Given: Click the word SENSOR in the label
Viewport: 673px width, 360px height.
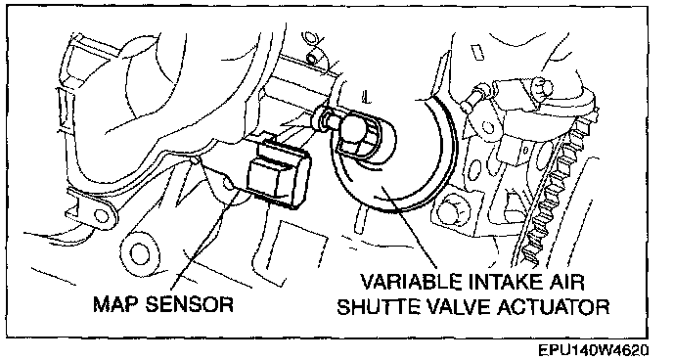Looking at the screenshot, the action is click(x=189, y=304).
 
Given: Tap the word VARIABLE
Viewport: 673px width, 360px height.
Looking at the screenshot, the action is click(x=411, y=283).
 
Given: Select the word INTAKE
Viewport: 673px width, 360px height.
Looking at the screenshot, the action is click(x=508, y=283).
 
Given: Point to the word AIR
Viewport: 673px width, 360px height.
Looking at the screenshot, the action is click(x=568, y=283).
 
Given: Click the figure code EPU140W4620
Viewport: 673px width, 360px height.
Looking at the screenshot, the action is click(x=594, y=350).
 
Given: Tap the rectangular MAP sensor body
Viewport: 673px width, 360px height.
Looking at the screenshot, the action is click(x=277, y=175).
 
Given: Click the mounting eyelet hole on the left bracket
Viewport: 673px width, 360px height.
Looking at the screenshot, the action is click(x=102, y=215).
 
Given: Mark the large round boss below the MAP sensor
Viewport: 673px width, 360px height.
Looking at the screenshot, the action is click(x=138, y=254).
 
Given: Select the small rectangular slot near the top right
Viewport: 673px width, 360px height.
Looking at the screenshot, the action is click(x=477, y=52).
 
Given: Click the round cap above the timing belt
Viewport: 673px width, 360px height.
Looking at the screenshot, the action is click(x=542, y=89).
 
